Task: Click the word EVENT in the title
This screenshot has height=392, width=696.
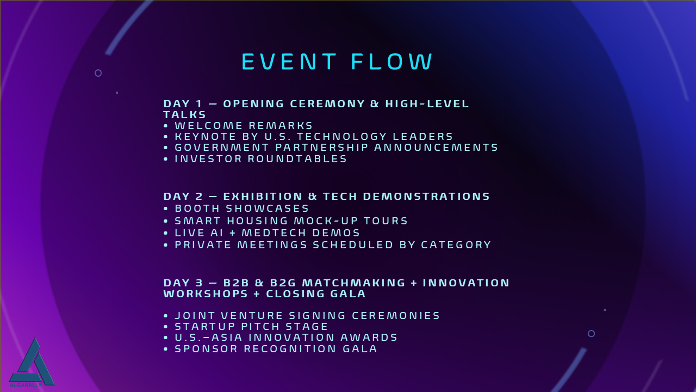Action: pyautogui.click(x=289, y=62)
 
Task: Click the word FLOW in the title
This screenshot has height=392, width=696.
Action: pyautogui.click(x=392, y=62)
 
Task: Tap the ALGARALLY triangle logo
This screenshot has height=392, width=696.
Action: pyautogui.click(x=32, y=363)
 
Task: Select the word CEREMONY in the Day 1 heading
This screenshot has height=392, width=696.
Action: pyautogui.click(x=327, y=103)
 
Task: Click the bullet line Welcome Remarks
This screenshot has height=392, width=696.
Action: pyautogui.click(x=238, y=126)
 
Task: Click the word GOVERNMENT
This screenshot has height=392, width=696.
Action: pyautogui.click(x=222, y=148)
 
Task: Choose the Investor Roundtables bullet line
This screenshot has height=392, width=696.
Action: pyautogui.click(x=255, y=159)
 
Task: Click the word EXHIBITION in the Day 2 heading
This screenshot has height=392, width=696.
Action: pyautogui.click(x=263, y=197)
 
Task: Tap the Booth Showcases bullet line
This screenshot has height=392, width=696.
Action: pyautogui.click(x=236, y=208)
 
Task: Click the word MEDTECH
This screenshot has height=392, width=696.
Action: pyautogui.click(x=274, y=233)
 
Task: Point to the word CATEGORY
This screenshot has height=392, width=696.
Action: pyautogui.click(x=456, y=245)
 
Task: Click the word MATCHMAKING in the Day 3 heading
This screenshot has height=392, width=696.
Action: pyautogui.click(x=353, y=283)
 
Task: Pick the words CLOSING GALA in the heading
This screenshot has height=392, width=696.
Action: pyautogui.click(x=316, y=293)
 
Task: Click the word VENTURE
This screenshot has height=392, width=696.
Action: pyautogui.click(x=252, y=316)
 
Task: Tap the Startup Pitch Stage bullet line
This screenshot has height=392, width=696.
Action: pyautogui.click(x=245, y=327)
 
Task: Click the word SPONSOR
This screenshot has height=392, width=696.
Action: pyautogui.click(x=206, y=349)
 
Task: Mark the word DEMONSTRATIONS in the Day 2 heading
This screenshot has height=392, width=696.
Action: pyautogui.click(x=426, y=197)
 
